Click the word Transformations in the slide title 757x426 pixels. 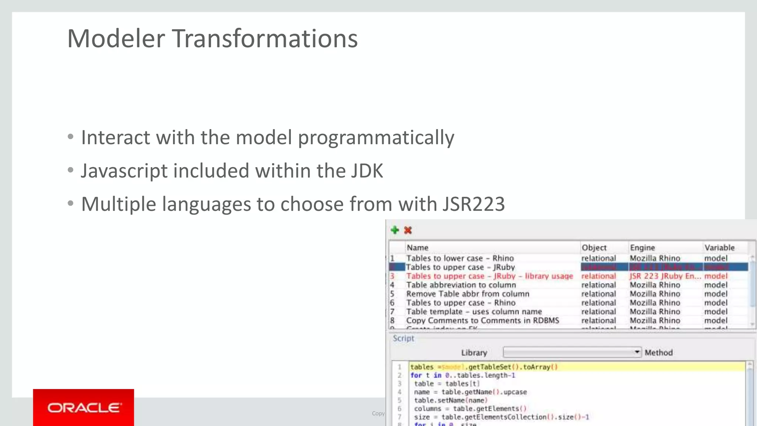click(265, 38)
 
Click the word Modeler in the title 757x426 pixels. click(116, 38)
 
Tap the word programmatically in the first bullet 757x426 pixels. click(376, 138)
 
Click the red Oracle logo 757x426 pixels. click(84, 408)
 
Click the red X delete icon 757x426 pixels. click(408, 230)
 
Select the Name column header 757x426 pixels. click(417, 247)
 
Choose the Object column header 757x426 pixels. click(594, 247)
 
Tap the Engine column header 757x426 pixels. click(642, 247)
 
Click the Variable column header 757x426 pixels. click(719, 247)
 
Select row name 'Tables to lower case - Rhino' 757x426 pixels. click(460, 258)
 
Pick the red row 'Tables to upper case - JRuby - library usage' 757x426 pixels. click(489, 276)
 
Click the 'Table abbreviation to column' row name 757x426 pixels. click(461, 285)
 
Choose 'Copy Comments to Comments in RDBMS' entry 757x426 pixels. click(482, 320)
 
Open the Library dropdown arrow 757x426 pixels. click(637, 352)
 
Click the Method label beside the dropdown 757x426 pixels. click(659, 353)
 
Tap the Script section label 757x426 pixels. click(403, 338)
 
